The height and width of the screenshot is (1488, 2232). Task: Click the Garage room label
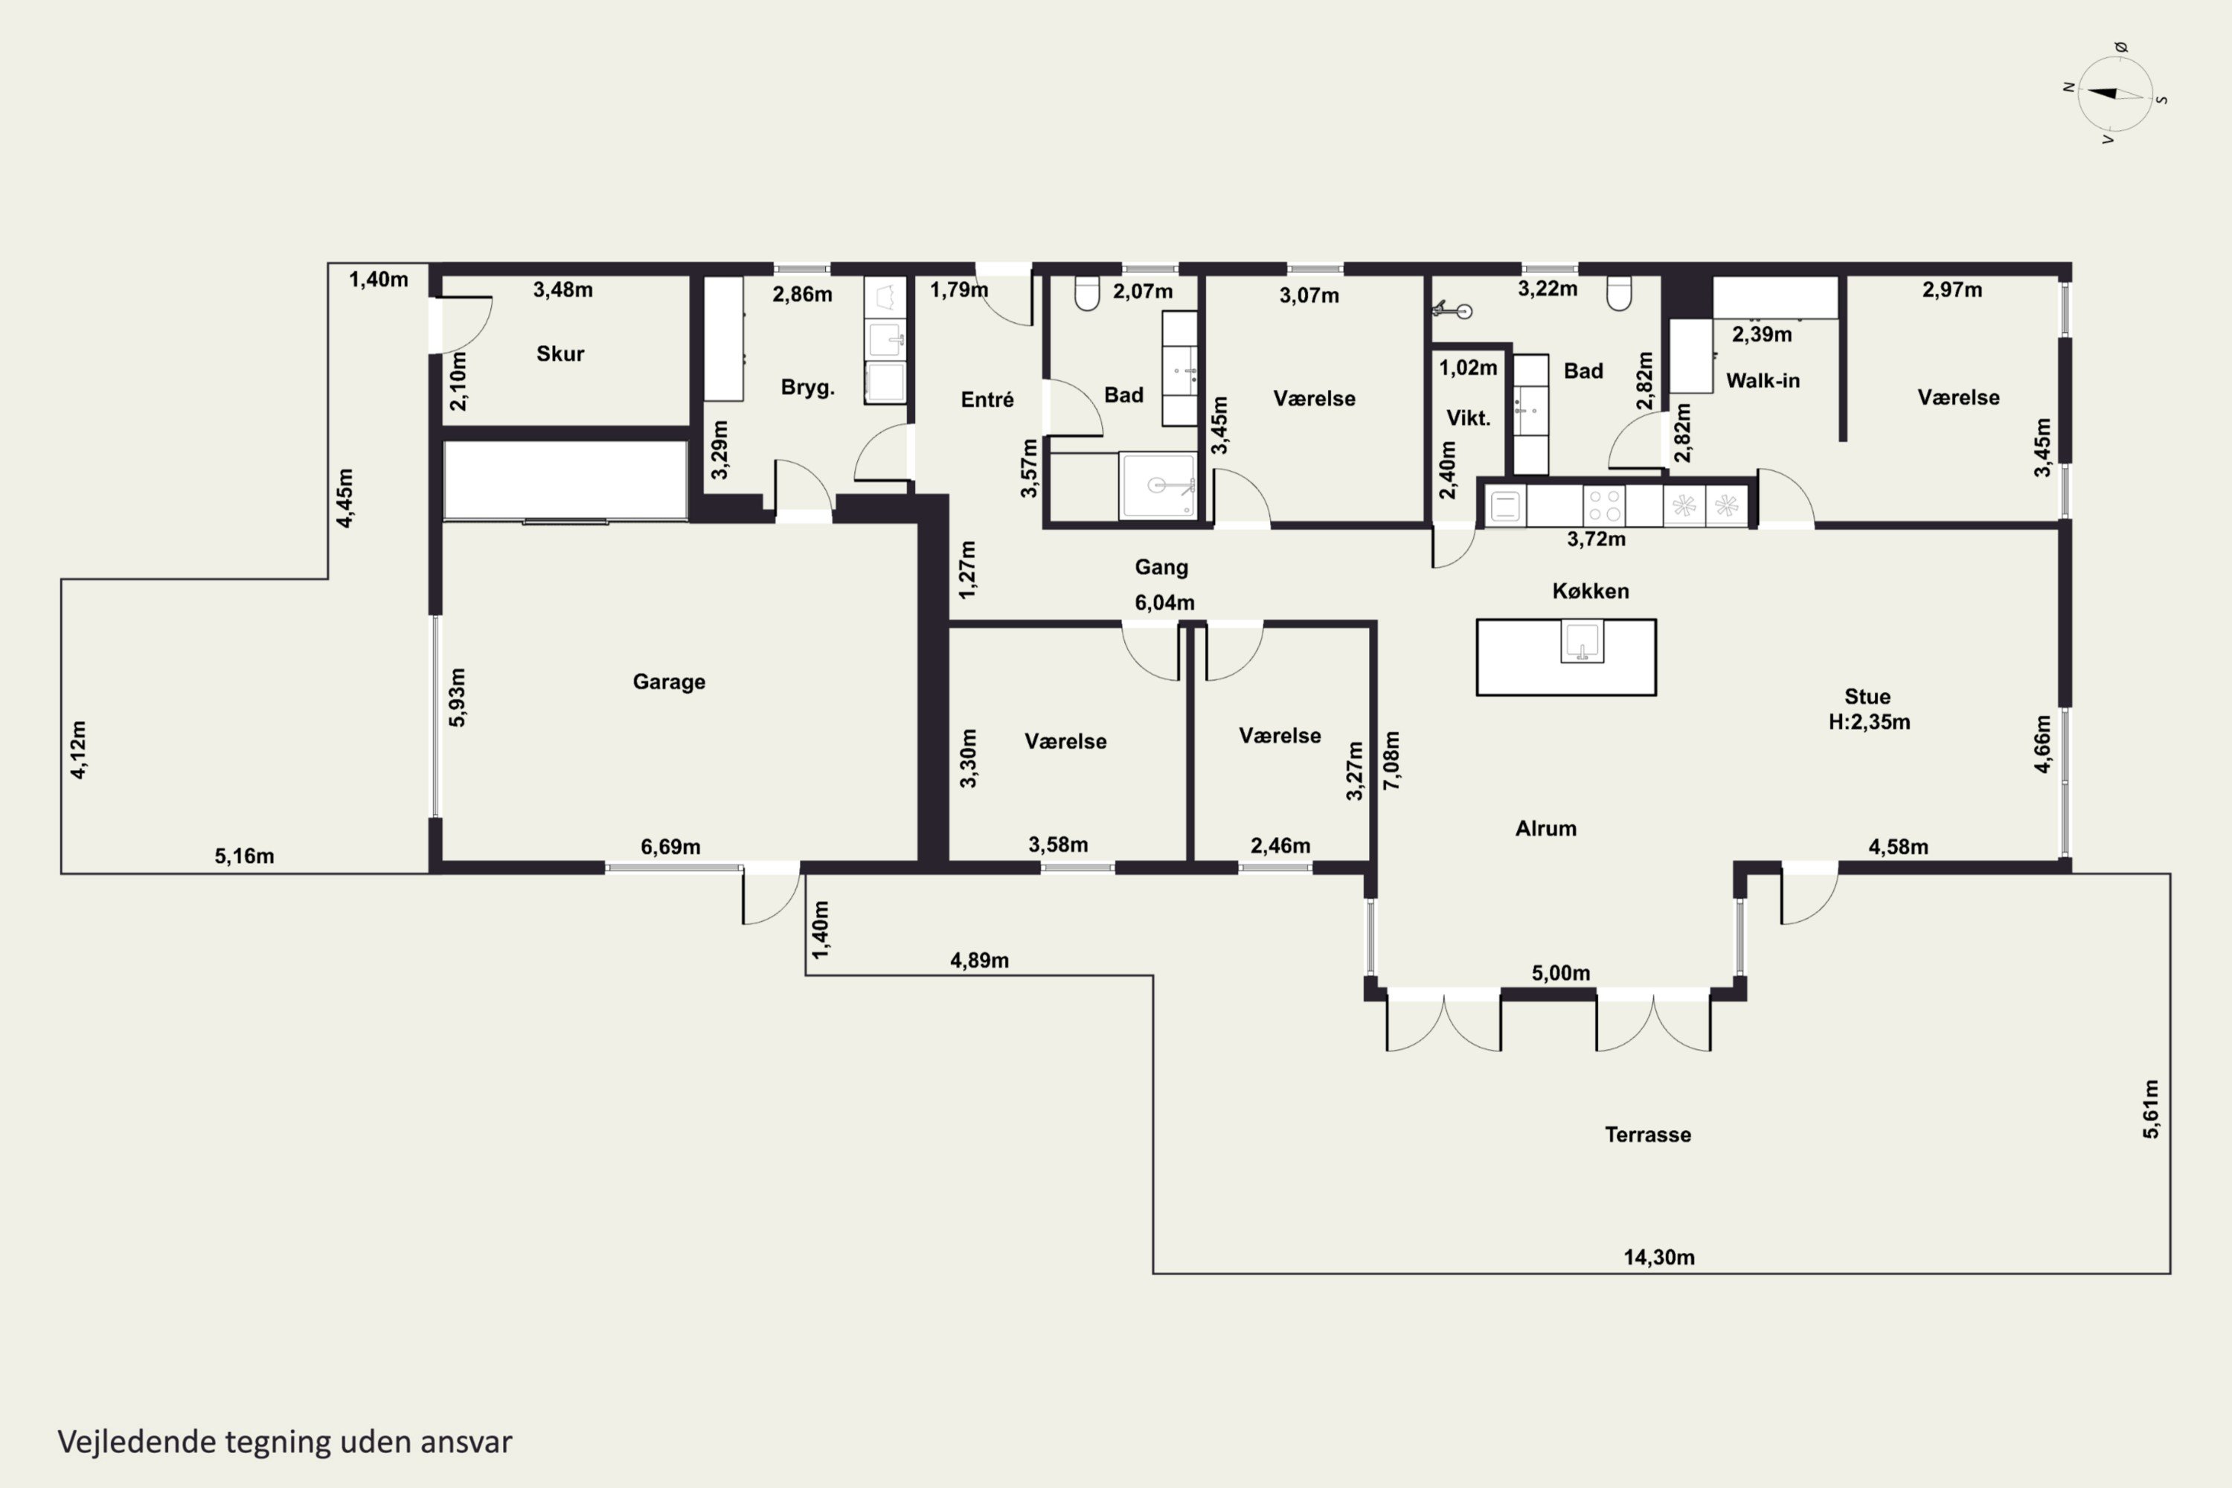tap(669, 682)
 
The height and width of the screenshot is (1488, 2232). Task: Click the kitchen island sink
tap(1582, 641)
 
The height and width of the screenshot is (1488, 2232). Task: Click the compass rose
tap(2114, 94)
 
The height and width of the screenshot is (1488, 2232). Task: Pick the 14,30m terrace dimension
tap(1659, 1257)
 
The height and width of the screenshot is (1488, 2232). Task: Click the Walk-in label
tap(1763, 380)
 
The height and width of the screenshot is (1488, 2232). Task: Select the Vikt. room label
tap(1468, 417)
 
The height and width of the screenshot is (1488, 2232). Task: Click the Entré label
tap(987, 400)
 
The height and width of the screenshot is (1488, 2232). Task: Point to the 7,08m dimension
tap(1391, 760)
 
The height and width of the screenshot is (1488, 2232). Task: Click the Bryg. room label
tap(807, 387)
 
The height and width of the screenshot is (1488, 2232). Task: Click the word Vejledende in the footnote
tap(137, 1442)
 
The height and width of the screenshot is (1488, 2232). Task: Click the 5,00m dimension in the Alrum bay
tap(1560, 972)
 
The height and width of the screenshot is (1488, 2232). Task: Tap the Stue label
tap(1867, 696)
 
